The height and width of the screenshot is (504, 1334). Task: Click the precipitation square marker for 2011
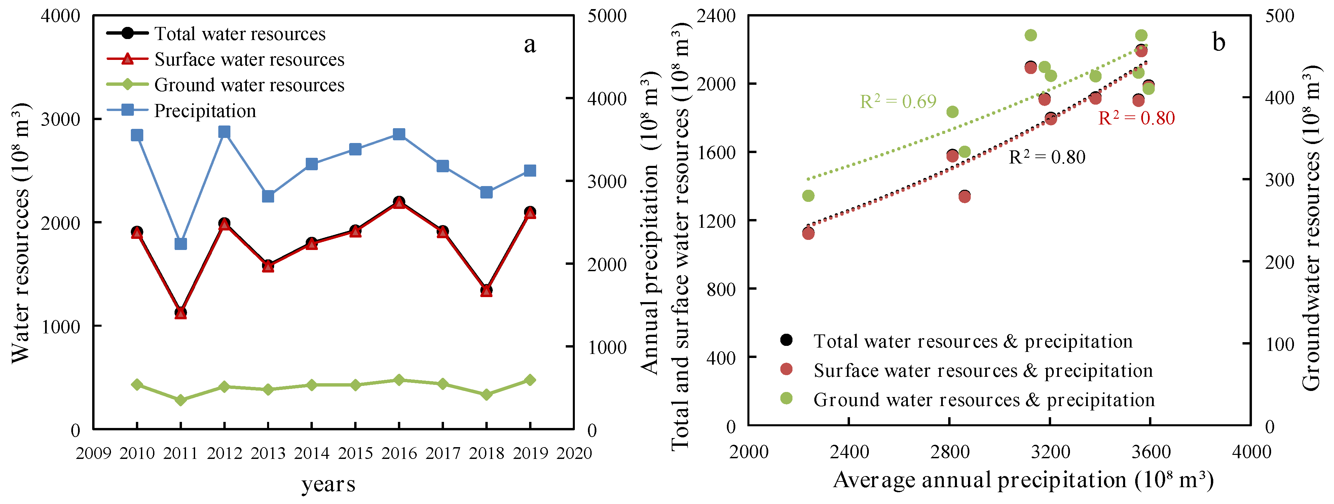click(181, 244)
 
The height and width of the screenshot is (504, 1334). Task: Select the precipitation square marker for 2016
click(399, 134)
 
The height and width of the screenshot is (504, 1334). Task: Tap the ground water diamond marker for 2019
click(530, 380)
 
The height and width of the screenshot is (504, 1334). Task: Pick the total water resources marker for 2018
click(486, 290)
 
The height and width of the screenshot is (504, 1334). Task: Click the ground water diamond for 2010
click(137, 384)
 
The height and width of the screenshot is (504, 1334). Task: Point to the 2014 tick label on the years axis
click(311, 453)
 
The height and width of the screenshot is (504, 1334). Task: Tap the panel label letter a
click(529, 44)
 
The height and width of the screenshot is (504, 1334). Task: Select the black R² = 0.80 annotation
click(1047, 156)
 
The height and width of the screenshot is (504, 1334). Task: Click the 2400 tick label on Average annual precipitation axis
click(849, 452)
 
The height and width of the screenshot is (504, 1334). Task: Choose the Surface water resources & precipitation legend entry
click(983, 370)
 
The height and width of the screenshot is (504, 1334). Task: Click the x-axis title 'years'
click(328, 484)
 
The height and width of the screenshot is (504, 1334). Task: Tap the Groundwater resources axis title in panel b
click(1311, 228)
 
